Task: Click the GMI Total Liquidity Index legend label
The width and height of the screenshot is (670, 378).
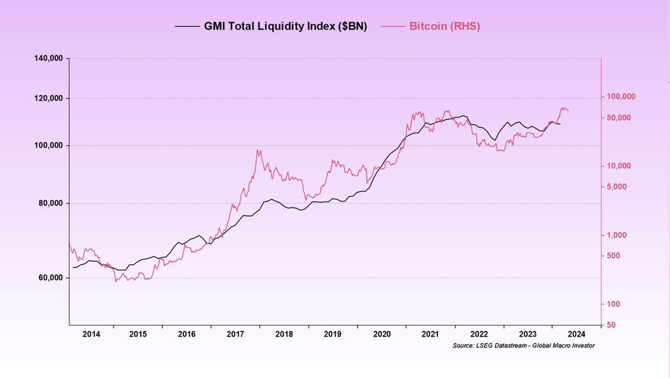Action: pos(285,26)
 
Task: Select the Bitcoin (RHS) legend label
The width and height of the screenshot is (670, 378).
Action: pos(444,26)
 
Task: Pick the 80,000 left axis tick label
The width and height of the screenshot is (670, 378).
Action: pos(50,204)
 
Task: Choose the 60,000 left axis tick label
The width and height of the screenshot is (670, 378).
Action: pos(50,278)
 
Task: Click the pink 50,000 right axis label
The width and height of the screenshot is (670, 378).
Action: pos(619,117)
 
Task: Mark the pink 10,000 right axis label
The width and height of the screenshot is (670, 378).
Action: pos(619,166)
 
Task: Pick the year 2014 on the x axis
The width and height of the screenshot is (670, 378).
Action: pos(92,334)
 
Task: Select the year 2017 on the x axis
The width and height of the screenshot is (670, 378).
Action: pos(236,334)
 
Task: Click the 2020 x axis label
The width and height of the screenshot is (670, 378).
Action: pos(382,334)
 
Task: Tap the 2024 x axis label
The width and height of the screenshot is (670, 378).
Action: pos(576,334)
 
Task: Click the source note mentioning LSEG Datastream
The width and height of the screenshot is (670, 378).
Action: pos(524,346)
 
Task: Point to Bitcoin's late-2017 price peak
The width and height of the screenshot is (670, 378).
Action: pos(258,149)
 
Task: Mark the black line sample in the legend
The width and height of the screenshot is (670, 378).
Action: pos(187,26)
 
